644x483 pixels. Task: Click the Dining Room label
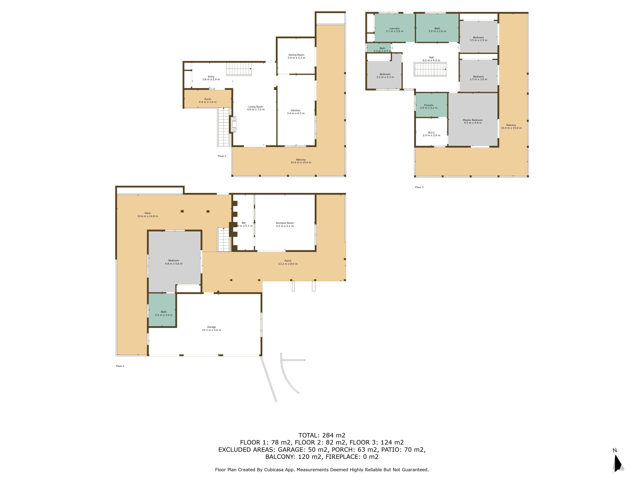coord(296,55)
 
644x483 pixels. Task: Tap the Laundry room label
coord(394,28)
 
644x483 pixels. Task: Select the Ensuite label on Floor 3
coord(429,105)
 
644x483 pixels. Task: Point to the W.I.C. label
coord(431,133)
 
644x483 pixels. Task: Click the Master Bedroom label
coord(473,120)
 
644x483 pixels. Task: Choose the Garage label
coord(211,327)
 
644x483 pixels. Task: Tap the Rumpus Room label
coord(285,223)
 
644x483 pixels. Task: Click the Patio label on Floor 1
coord(148,213)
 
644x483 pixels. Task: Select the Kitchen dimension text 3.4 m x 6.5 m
coord(296,113)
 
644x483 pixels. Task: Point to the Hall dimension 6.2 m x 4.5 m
coord(431,60)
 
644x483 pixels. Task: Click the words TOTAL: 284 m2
coord(322,435)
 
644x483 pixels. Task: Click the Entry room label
coord(211,77)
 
